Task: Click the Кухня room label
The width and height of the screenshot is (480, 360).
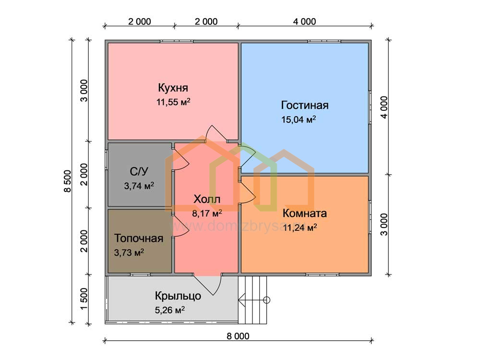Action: (x=173, y=88)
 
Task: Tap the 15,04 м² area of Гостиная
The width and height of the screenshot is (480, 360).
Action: (x=299, y=120)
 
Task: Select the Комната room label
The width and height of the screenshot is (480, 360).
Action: (x=305, y=213)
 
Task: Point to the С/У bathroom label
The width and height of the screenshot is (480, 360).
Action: (x=139, y=171)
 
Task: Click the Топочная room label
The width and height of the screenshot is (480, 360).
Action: (x=139, y=238)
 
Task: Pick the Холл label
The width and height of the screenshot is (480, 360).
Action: (x=206, y=199)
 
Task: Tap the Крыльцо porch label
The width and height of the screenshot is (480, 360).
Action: (x=178, y=296)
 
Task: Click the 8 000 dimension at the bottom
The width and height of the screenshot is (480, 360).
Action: (x=238, y=336)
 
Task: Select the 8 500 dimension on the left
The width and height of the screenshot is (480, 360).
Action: (x=68, y=181)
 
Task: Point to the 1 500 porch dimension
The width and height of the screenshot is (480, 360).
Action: (x=84, y=299)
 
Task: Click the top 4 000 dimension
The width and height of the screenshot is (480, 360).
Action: (x=304, y=22)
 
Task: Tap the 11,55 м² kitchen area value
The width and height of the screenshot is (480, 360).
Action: (x=173, y=102)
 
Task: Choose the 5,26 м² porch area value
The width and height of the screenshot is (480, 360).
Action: (x=169, y=310)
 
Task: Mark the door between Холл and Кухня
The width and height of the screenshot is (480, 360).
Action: (x=216, y=133)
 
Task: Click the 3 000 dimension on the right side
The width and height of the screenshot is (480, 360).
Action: (x=384, y=224)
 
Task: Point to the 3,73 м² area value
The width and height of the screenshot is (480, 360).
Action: (x=129, y=252)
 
